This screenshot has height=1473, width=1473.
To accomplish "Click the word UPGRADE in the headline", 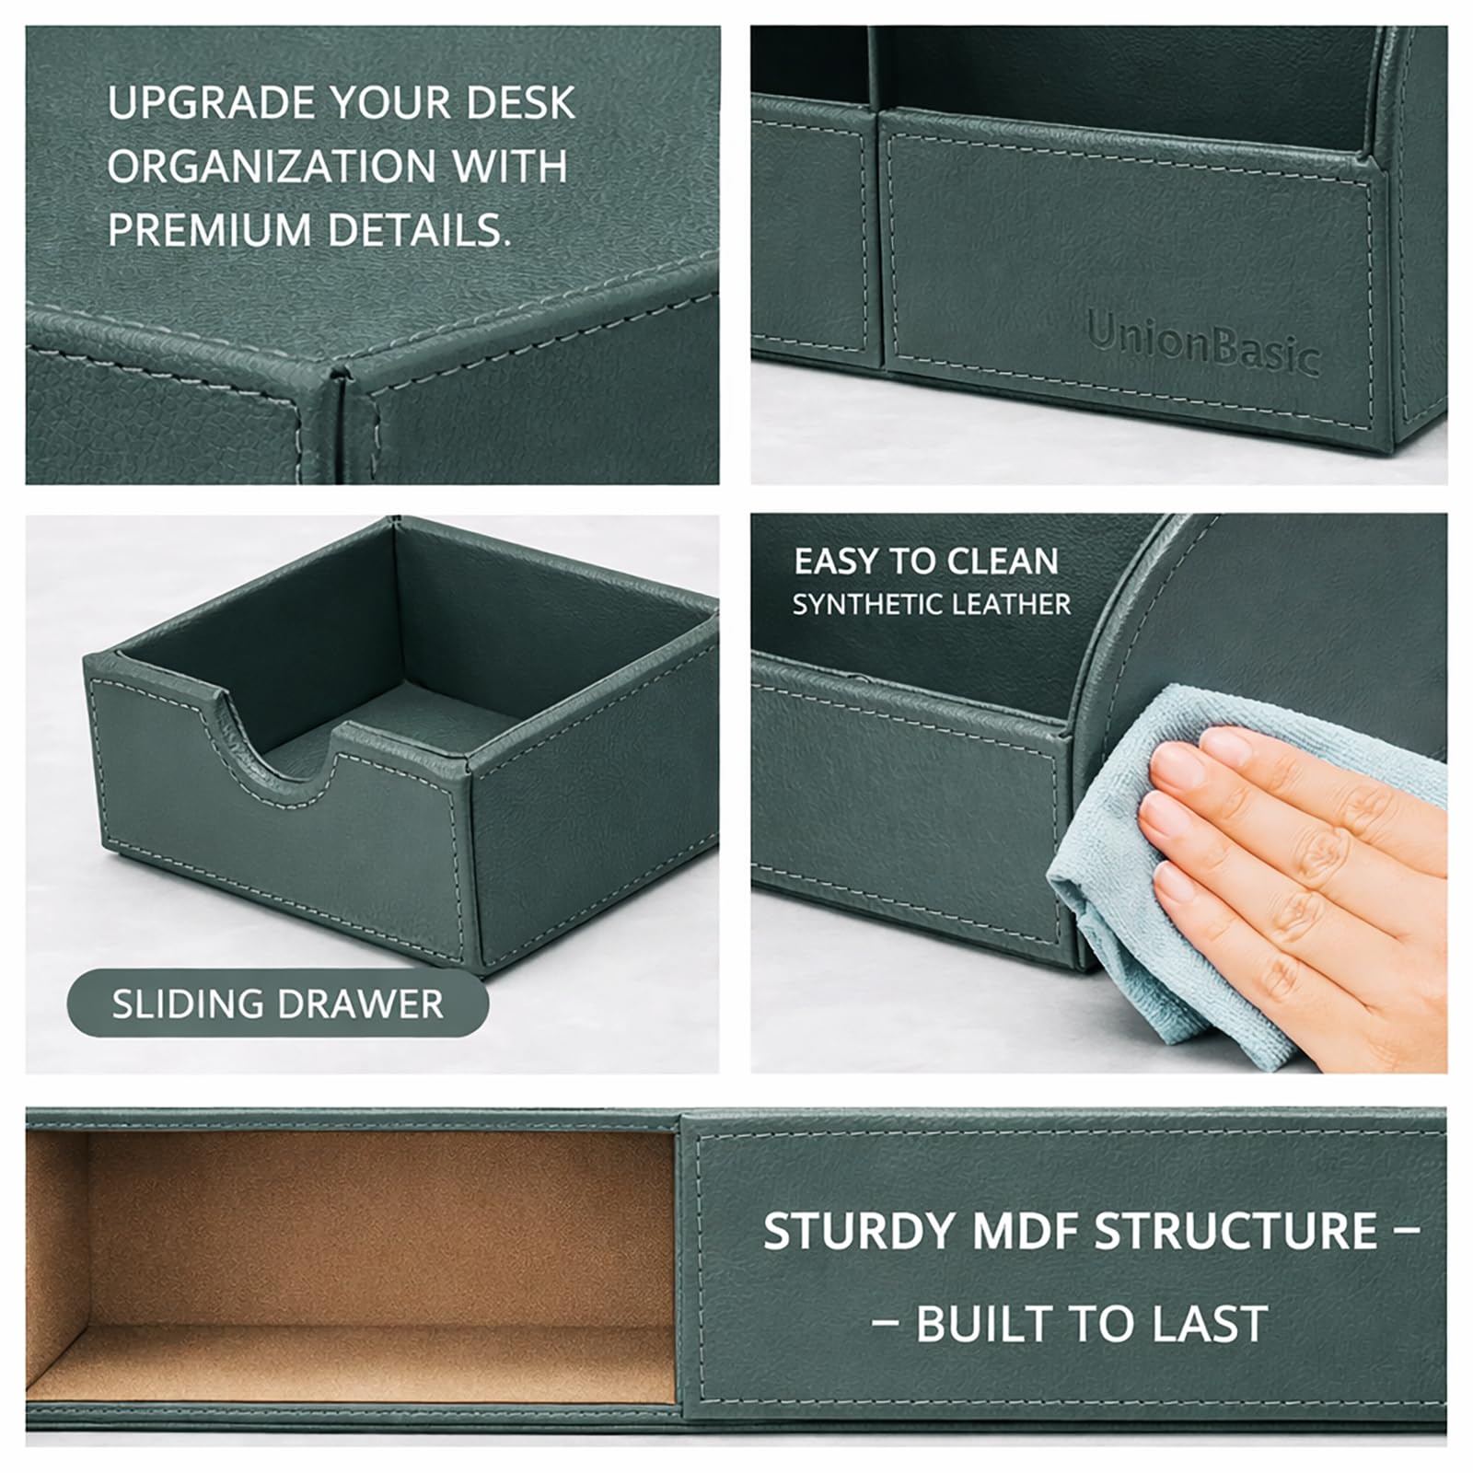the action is [213, 103].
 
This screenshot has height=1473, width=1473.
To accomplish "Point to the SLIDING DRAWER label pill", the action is [277, 1003].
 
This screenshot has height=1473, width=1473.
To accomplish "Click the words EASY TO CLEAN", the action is [926, 562].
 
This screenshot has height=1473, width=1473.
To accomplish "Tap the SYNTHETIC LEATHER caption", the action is [932, 605].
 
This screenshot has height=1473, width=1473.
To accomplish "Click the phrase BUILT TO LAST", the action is [1092, 1325].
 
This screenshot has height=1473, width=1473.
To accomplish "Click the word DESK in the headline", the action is [520, 103].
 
